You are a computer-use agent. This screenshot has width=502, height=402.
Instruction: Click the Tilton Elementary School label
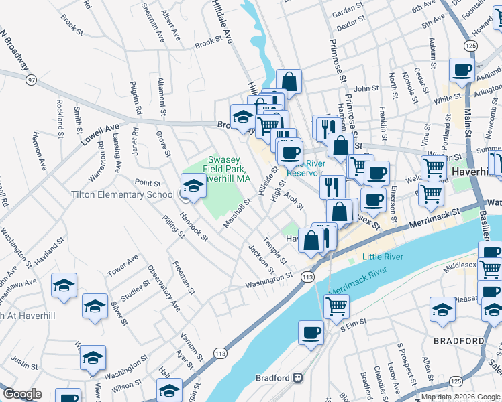tap(124, 195)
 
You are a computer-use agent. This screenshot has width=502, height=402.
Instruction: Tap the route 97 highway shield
tap(31, 80)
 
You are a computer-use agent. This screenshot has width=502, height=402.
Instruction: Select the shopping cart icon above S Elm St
tap(336, 306)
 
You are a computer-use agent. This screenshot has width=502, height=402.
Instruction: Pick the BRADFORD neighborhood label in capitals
tap(459, 341)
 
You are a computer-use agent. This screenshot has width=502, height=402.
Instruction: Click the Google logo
tap(22, 394)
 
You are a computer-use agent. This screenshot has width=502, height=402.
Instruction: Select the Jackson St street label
tap(261, 259)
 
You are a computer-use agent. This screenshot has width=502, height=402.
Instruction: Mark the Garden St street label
tap(348, 11)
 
